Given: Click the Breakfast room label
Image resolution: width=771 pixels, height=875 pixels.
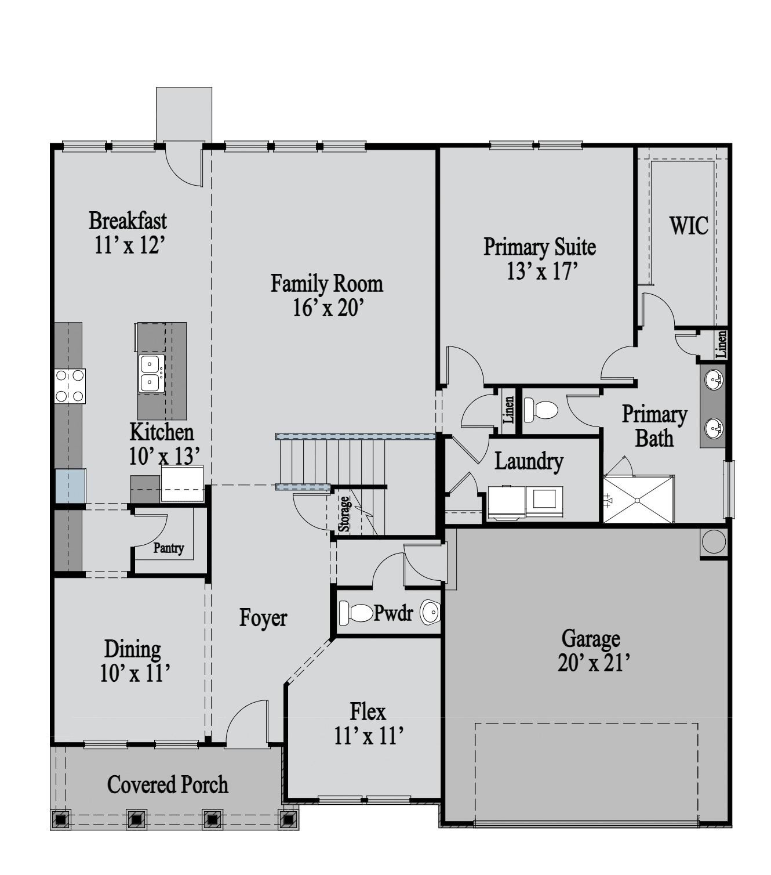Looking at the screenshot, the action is [128, 220].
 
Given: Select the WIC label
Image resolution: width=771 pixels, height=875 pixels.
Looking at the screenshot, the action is [689, 226].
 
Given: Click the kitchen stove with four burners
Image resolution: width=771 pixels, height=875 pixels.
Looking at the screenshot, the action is [70, 386].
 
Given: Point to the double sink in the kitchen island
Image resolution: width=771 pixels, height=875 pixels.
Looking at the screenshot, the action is [151, 374].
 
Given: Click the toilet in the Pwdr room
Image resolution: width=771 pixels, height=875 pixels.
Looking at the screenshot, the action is [356, 613].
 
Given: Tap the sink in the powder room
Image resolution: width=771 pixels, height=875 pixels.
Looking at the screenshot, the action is [431, 612].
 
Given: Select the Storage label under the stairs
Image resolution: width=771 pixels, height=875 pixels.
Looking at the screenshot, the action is [344, 514].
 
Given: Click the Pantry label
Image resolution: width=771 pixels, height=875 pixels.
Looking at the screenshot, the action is [169, 548].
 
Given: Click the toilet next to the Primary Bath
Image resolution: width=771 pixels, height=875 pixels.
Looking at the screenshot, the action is [541, 408].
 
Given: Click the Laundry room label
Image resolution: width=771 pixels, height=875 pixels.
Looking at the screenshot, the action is [529, 462].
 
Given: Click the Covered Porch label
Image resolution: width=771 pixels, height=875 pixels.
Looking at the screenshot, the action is [168, 784].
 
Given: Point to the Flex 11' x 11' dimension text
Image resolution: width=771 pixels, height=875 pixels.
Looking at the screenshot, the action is [369, 735].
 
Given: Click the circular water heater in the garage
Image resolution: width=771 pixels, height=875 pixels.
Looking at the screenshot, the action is [714, 541].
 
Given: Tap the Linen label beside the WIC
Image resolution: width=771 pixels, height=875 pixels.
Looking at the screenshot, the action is [721, 344].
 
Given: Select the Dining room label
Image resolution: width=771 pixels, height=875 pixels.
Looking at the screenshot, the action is [132, 649].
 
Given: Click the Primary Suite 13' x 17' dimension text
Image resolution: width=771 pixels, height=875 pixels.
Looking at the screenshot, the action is [542, 272].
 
